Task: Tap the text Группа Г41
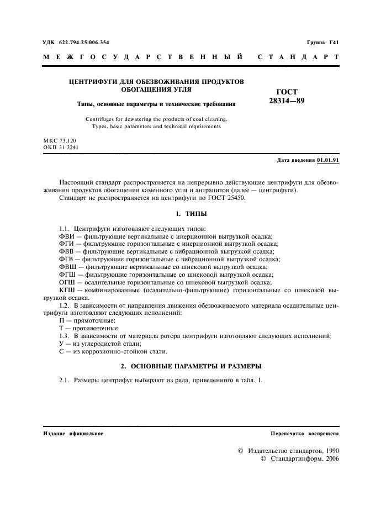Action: (322, 43)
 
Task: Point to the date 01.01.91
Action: (328, 160)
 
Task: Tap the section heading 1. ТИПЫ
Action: (191, 213)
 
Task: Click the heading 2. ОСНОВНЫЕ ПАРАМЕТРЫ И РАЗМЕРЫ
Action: (191, 366)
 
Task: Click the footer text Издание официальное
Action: (73, 434)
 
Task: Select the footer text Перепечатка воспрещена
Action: (305, 434)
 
